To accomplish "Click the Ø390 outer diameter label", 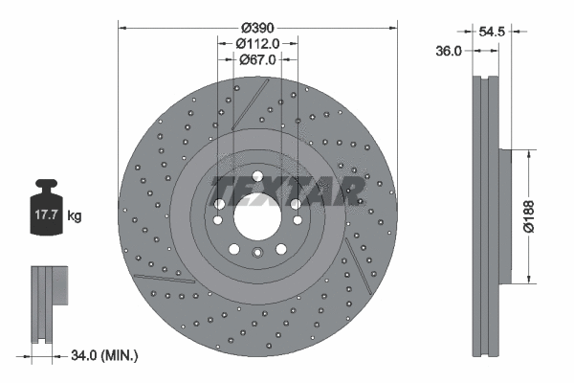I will pos(257,27).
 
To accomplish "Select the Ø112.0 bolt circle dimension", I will pos(257,43).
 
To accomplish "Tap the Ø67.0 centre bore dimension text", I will pos(257,59).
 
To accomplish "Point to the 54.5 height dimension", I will pos(492,32).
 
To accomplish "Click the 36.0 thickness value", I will pos(450,51).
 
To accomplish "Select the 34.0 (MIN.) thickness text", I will pos(106,355).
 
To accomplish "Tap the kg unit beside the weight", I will pos(75,216).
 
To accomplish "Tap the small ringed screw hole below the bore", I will pos(256,254).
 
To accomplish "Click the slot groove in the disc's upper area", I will pos(251,101).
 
